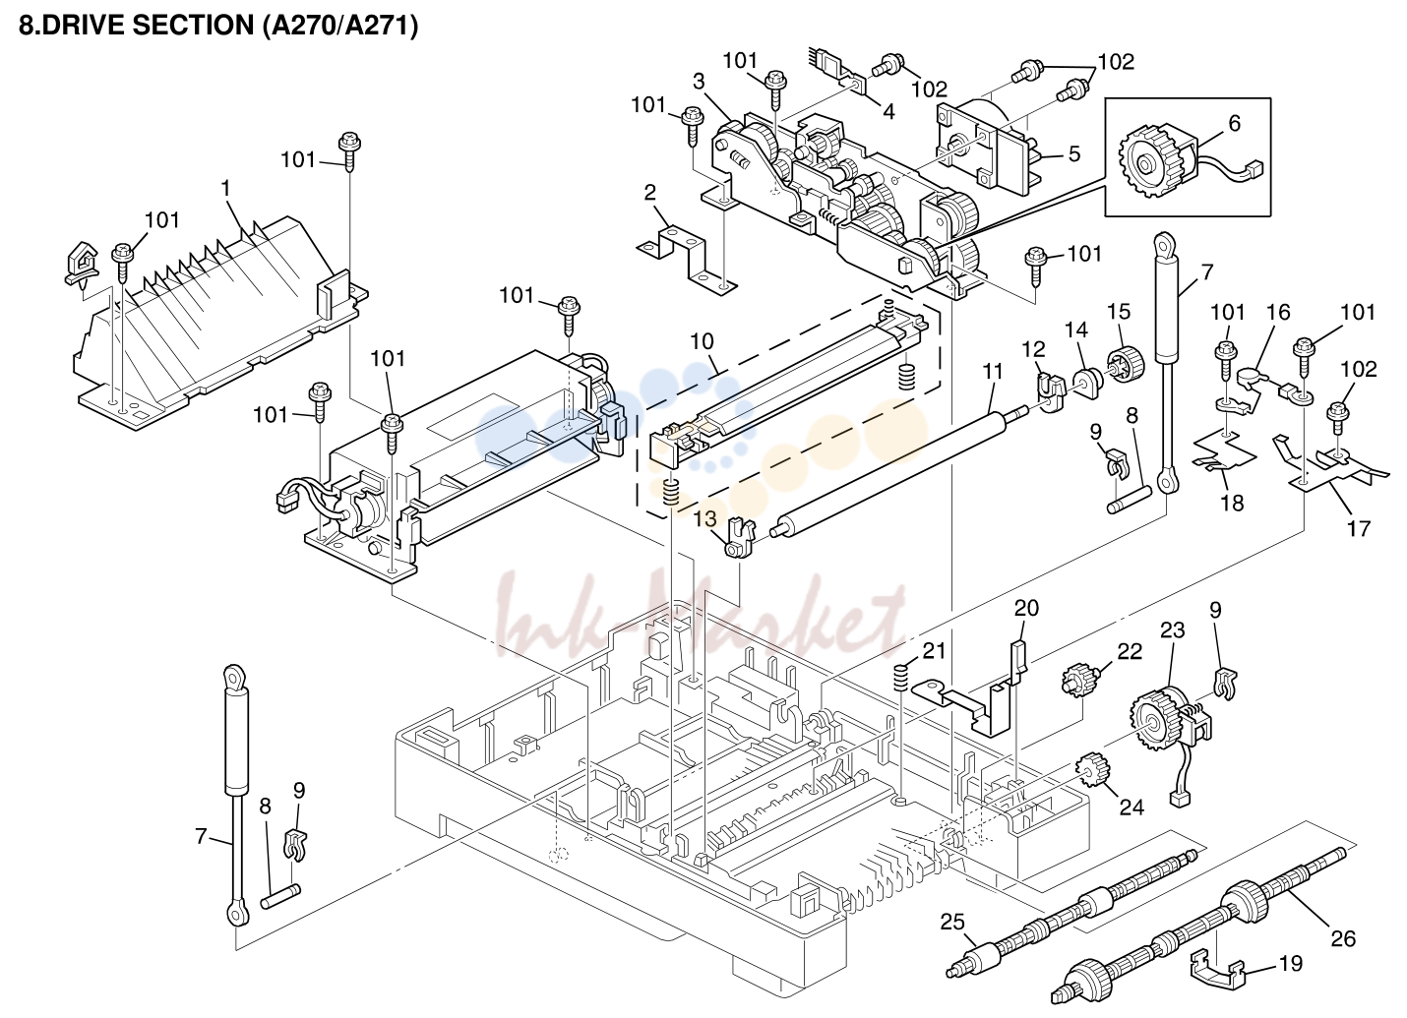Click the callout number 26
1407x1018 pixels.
1344,938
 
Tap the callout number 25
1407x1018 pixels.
952,922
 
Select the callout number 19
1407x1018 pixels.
1291,963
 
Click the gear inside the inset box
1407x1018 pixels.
1146,164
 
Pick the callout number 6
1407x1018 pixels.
1234,123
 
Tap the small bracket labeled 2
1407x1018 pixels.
687,258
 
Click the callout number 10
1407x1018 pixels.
702,341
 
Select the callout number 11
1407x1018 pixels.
992,371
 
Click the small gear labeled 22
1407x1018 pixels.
1077,680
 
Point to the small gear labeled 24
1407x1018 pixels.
1093,771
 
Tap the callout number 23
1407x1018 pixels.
1172,629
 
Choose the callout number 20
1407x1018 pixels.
1026,608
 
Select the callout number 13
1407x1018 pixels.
704,518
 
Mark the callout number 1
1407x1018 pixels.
225,188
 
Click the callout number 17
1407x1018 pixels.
1358,528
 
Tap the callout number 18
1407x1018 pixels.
1232,503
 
